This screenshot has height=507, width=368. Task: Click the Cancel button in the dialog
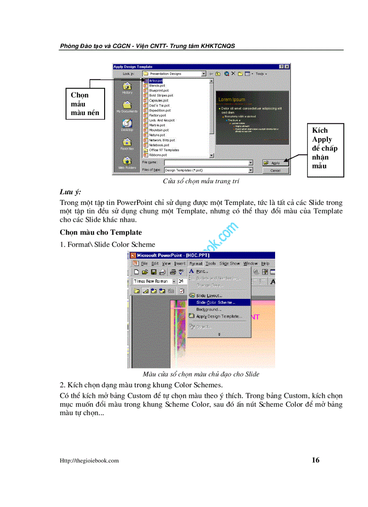[x=275, y=171]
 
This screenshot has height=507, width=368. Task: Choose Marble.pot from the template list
[x=157, y=125]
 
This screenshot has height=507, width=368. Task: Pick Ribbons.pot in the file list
[x=158, y=155]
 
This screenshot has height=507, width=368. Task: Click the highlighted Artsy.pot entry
[x=156, y=80]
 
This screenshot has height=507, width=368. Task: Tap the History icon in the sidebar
[x=127, y=87]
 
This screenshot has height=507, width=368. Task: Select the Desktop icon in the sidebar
[x=127, y=124]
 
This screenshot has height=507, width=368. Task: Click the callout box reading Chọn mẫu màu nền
[x=86, y=104]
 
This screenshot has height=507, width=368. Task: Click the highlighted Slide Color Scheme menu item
[x=215, y=302]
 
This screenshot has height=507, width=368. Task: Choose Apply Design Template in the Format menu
[x=218, y=316]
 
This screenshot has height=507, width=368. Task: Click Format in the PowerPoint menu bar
[x=196, y=263]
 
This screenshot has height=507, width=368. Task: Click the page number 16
[x=315, y=460]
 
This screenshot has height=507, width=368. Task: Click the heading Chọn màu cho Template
[x=101, y=233]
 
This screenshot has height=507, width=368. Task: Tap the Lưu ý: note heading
[x=70, y=192]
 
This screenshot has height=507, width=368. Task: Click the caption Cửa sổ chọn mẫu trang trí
[x=201, y=181]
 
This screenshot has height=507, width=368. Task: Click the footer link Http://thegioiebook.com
[x=89, y=460]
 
